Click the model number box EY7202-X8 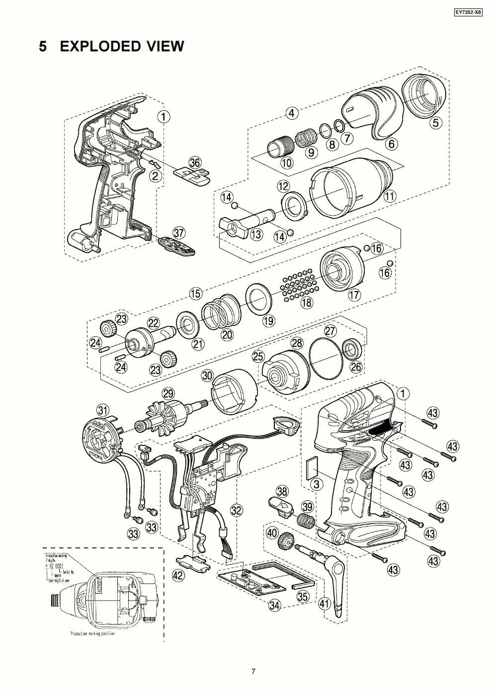click(x=468, y=13)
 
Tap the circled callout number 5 click(x=435, y=122)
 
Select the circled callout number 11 click(x=390, y=196)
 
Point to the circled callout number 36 click(x=195, y=161)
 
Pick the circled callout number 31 click(x=103, y=410)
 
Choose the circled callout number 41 click(x=325, y=604)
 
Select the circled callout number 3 click(x=314, y=484)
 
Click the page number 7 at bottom click(x=253, y=672)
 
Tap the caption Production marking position click(x=92, y=634)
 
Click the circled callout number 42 click(x=178, y=575)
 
